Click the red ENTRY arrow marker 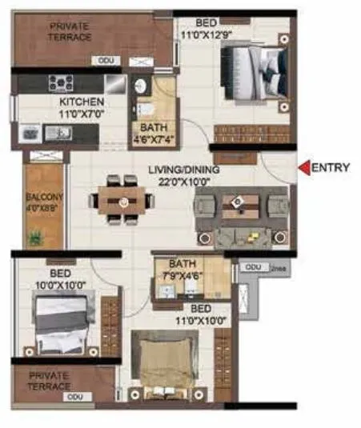[x=303, y=168]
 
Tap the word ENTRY [x=330, y=168]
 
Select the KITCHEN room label [x=82, y=102]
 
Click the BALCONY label [x=40, y=197]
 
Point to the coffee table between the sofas [x=241, y=208]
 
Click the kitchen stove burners [x=61, y=82]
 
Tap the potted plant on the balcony [x=35, y=238]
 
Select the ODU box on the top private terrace [x=105, y=61]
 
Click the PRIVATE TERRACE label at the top [x=70, y=31]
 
